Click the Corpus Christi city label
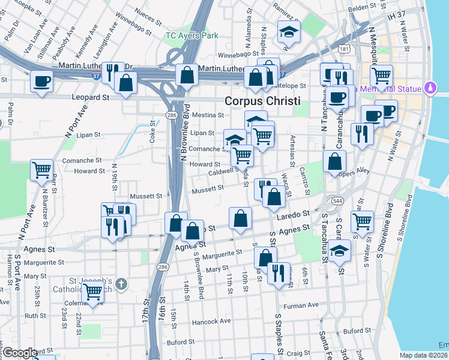click(262, 101)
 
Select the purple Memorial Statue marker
click(429, 89)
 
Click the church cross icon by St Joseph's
click(121, 283)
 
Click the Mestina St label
click(208, 115)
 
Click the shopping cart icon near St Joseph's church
click(92, 292)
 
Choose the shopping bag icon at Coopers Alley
click(334, 161)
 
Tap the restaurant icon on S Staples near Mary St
click(279, 272)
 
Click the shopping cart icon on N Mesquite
click(381, 76)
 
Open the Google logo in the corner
click(20, 352)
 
